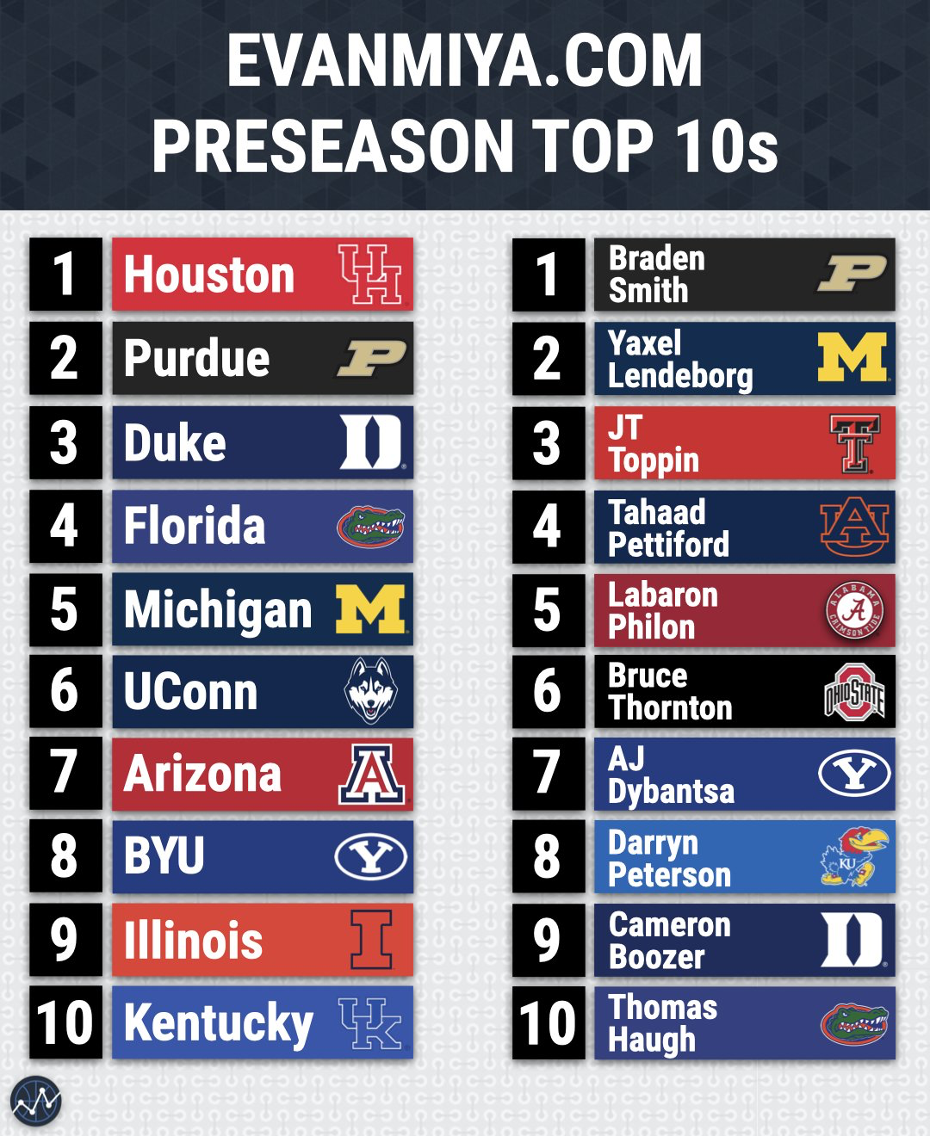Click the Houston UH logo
(x=370, y=275)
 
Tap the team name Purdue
(x=197, y=358)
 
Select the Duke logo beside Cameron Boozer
(x=852, y=940)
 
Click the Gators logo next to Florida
(x=370, y=526)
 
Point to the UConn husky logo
(x=370, y=691)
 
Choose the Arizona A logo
(x=371, y=774)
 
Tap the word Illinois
(x=193, y=940)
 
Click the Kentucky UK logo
(x=370, y=1022)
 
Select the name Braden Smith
(x=656, y=275)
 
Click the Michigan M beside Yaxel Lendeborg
(x=852, y=357)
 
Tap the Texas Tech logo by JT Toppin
(x=854, y=443)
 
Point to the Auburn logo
(x=854, y=526)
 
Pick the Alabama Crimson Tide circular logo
(x=854, y=610)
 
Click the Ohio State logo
(x=854, y=692)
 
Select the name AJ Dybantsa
(x=671, y=775)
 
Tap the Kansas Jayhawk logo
(x=851, y=857)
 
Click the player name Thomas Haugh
(x=662, y=1023)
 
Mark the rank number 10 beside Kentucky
(x=65, y=1022)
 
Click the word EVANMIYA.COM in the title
(x=465, y=61)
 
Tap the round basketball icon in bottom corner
(x=36, y=1101)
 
